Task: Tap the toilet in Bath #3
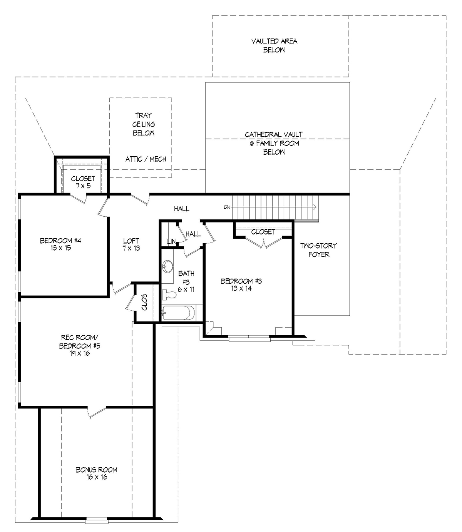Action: pos(169,294)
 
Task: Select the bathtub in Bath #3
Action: pos(178,313)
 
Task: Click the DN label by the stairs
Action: pos(227,207)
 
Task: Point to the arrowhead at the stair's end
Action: pos(315,207)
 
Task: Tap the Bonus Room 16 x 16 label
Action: pos(97,473)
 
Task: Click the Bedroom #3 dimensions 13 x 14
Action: pos(241,288)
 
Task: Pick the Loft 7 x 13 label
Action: pos(131,244)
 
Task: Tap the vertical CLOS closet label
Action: pos(144,302)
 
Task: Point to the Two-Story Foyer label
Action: pos(319,250)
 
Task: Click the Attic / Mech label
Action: pos(146,159)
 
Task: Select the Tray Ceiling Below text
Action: pos(144,124)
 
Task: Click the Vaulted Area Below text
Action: pos(274,45)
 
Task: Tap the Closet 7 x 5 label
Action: pos(83,182)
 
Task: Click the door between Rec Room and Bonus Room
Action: pos(97,412)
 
